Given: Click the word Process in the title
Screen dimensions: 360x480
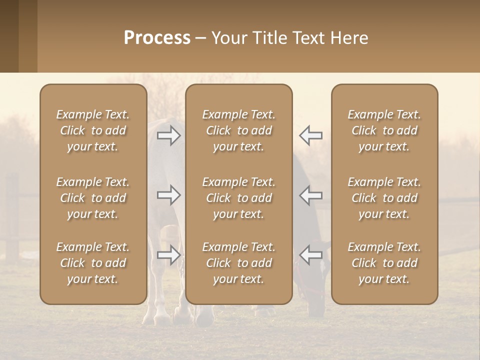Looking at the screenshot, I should [x=157, y=38].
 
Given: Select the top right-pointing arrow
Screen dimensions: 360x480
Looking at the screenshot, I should [x=169, y=135].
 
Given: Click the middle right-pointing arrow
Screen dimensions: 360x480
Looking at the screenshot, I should [x=169, y=195].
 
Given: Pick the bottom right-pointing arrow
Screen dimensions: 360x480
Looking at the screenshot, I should [x=169, y=255].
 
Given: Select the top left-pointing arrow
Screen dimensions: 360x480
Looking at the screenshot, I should [x=310, y=135].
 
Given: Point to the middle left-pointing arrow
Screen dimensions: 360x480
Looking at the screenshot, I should [x=310, y=195].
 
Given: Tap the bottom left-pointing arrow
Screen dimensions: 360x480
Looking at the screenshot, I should [x=310, y=255].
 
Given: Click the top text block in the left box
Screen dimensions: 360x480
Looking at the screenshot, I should [x=93, y=130].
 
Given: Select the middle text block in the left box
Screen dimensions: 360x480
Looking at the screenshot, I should [x=93, y=198].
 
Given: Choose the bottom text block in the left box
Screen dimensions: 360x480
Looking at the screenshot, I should [x=93, y=263].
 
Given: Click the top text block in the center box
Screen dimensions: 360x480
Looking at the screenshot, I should [x=238, y=130].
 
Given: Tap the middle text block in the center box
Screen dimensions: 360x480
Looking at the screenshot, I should [x=238, y=198].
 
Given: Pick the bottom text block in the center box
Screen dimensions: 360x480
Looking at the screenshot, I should [x=238, y=263].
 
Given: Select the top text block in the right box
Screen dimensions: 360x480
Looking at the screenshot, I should [x=384, y=130].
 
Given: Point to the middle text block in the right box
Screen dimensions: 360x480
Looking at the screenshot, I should [x=384, y=198].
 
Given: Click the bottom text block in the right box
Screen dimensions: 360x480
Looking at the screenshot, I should [x=384, y=263].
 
